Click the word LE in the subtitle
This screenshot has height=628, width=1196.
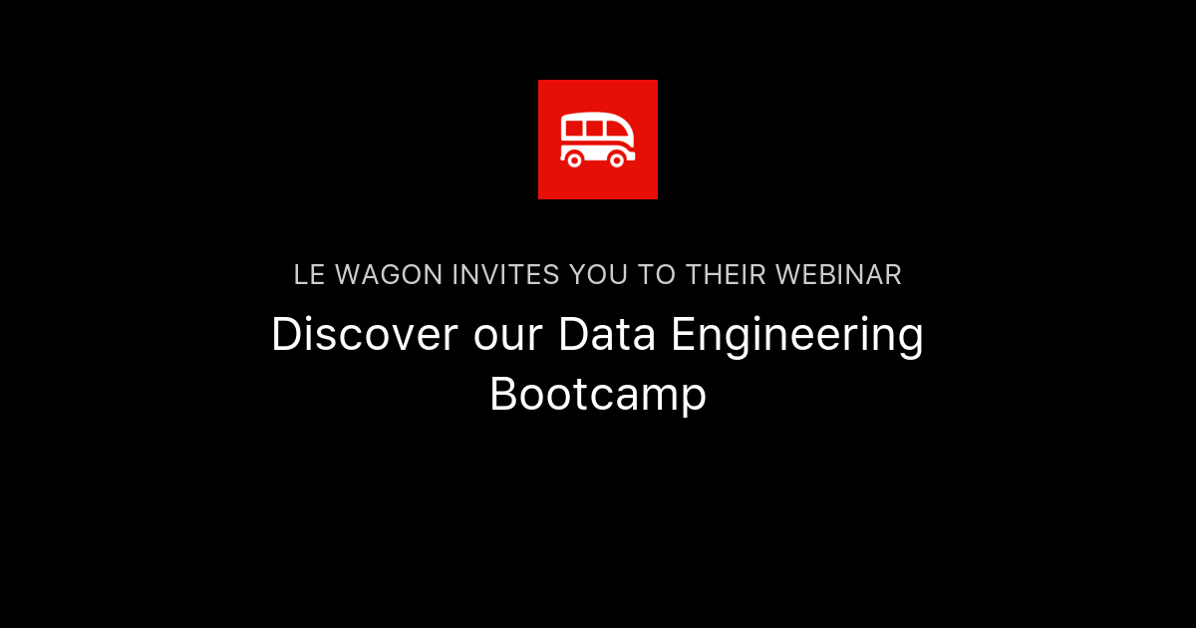coord(309,275)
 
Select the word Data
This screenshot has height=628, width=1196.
coord(607,335)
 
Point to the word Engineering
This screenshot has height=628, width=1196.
coord(797,337)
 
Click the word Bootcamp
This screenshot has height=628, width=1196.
coord(598,395)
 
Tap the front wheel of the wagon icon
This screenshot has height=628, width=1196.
coord(617,159)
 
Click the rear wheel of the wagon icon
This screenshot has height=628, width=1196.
coord(574,159)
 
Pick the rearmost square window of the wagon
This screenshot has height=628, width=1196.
coord(572,129)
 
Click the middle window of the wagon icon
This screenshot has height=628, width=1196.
coord(594,129)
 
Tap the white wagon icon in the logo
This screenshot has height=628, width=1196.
coord(598,141)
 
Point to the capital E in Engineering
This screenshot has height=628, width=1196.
coord(683,335)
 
